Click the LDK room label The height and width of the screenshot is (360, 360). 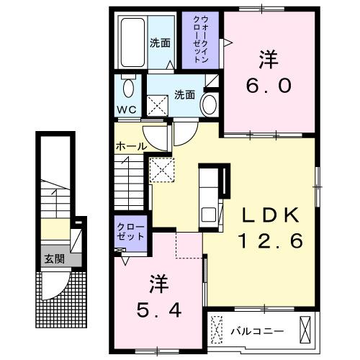pyautogui.click(x=269, y=216)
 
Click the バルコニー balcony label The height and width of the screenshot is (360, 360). pyautogui.click(x=257, y=331)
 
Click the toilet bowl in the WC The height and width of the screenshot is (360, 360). pyautogui.click(x=128, y=89)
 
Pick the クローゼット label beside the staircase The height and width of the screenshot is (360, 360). pyautogui.click(x=131, y=231)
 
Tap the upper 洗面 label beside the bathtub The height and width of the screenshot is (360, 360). pyautogui.click(x=160, y=42)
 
